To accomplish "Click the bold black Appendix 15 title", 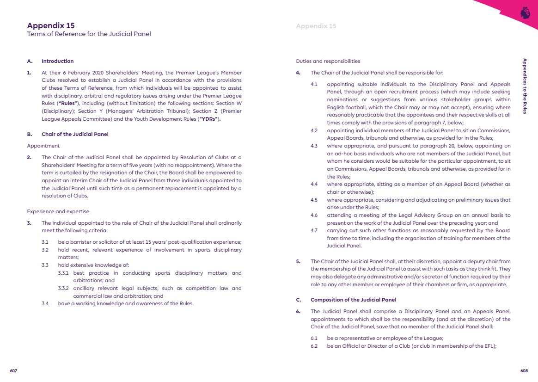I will [x=51, y=26].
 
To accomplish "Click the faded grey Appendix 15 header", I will [x=316, y=26].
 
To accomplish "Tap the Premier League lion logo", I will [x=525, y=12].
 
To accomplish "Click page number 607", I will [x=13, y=371].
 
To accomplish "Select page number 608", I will [x=524, y=371].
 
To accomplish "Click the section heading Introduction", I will [x=57, y=61].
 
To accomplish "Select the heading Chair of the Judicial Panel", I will [x=75, y=134].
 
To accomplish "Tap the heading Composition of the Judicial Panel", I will [x=353, y=300].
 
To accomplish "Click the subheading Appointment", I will [x=43, y=146].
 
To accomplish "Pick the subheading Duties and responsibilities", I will [x=328, y=61].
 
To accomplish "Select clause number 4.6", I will [x=314, y=215].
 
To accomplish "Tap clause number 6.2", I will [x=314, y=346].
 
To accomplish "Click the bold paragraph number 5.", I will [x=298, y=261].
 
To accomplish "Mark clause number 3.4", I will [x=45, y=303].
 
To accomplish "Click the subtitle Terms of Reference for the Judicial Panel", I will [x=89, y=34].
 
